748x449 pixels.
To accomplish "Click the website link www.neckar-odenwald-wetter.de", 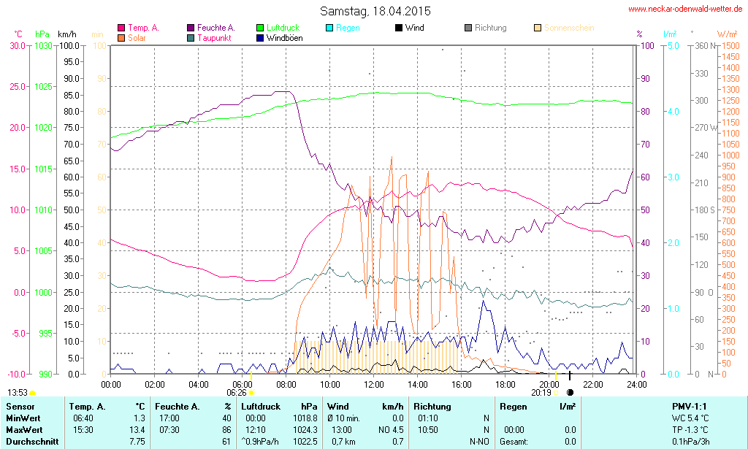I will (x=686, y=9).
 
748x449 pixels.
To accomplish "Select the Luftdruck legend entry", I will (x=278, y=28).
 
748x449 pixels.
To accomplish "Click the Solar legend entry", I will (x=136, y=37).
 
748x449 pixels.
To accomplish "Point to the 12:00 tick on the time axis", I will (x=374, y=384).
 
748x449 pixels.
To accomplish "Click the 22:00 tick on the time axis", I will (x=592, y=384).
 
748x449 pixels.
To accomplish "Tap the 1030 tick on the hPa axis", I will (x=44, y=45).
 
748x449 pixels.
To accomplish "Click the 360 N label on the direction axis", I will (x=702, y=45).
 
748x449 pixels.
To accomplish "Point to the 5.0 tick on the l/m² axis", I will (x=674, y=45).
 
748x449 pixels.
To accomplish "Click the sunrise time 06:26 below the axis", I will (x=236, y=393).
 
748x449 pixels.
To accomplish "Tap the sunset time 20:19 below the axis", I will (x=541, y=393).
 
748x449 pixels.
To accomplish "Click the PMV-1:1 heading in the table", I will (x=689, y=406).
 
